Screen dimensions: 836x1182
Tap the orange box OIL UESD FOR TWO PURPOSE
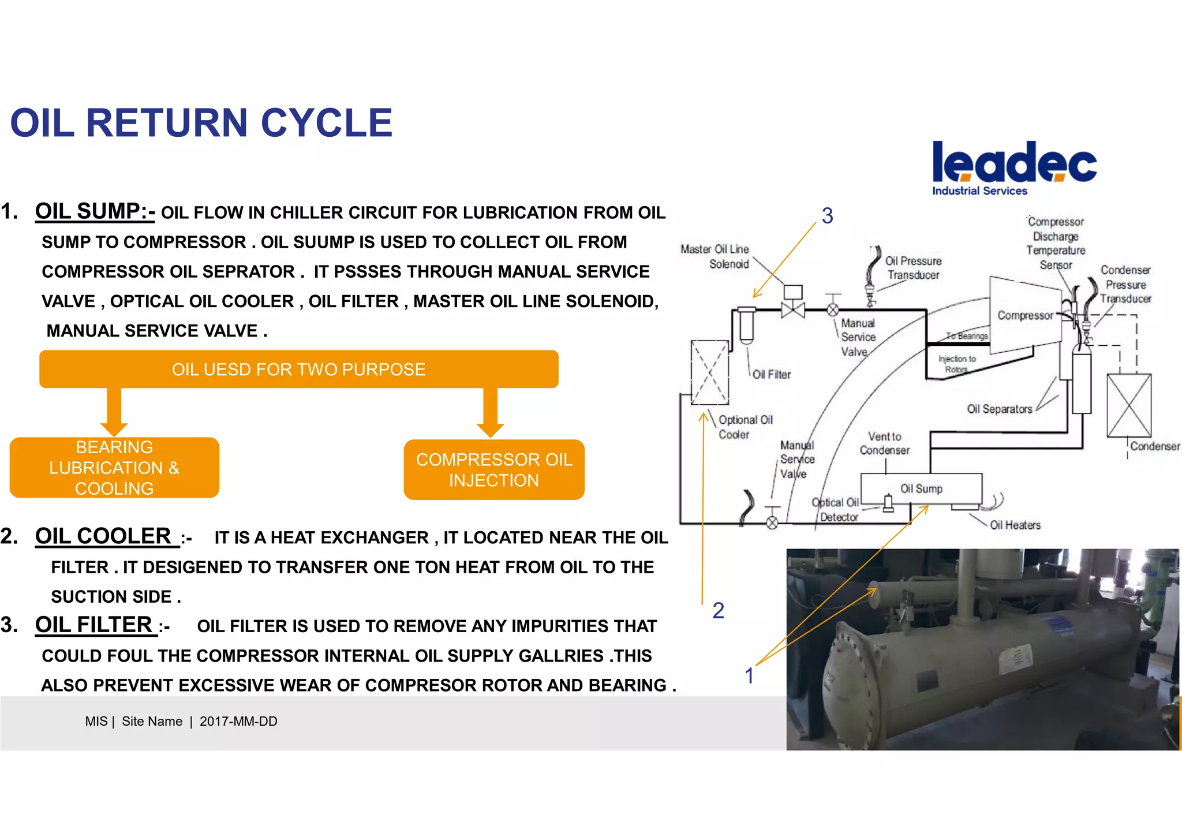click(x=298, y=369)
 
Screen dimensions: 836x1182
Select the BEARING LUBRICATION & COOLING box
click(x=114, y=468)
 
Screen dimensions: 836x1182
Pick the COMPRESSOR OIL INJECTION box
click(x=494, y=469)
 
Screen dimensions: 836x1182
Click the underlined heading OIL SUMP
click(x=95, y=211)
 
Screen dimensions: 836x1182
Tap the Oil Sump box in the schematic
click(x=921, y=488)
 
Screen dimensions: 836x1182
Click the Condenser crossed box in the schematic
click(x=1128, y=405)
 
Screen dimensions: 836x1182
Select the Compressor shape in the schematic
click(x=1024, y=315)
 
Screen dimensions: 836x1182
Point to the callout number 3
click(x=827, y=216)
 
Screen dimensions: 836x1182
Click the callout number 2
click(x=718, y=610)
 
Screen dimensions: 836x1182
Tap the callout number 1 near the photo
click(x=749, y=675)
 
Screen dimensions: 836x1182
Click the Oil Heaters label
click(x=1015, y=525)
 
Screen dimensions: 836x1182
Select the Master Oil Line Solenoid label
click(x=715, y=256)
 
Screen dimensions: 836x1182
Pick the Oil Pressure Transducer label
click(x=913, y=268)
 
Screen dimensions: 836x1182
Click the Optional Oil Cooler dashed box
click(x=709, y=372)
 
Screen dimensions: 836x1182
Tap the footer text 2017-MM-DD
click(x=238, y=721)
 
